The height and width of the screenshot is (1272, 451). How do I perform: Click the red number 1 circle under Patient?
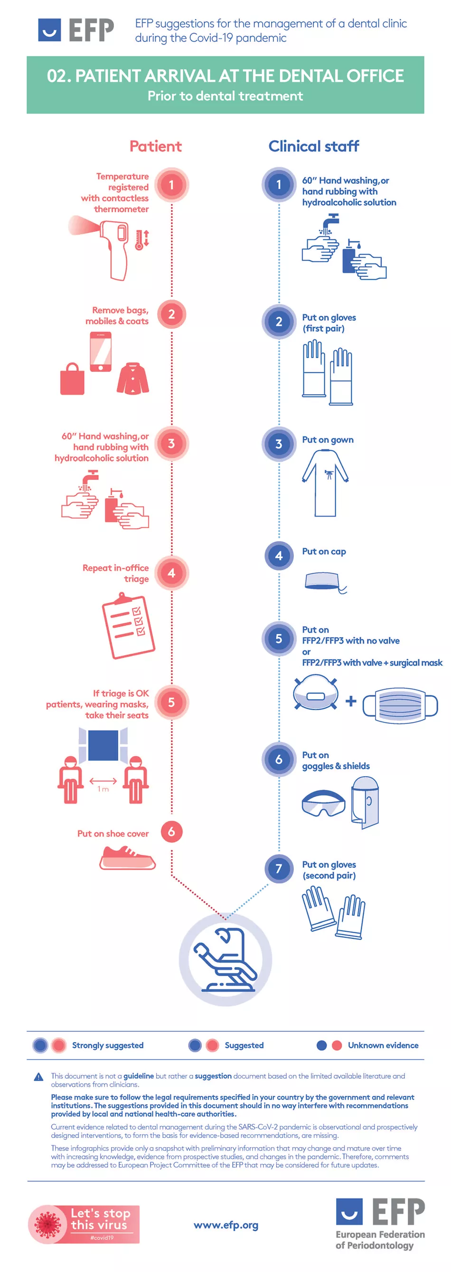click(x=171, y=185)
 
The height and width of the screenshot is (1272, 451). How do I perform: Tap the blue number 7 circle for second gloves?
click(x=279, y=869)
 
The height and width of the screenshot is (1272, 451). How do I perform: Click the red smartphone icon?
click(x=101, y=351)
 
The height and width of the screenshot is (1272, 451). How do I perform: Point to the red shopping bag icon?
click(x=72, y=379)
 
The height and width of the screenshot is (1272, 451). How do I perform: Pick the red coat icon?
click(x=133, y=378)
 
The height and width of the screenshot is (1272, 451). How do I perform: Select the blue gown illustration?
click(x=325, y=483)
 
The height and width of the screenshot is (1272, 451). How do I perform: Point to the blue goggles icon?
click(x=323, y=803)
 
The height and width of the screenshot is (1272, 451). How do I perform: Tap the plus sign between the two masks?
click(x=351, y=701)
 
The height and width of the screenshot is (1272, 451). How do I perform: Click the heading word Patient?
click(x=155, y=146)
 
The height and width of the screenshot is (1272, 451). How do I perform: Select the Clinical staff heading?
click(x=313, y=146)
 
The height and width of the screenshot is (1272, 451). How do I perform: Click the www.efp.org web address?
click(x=226, y=1225)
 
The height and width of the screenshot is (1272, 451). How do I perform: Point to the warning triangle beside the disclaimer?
click(x=38, y=1077)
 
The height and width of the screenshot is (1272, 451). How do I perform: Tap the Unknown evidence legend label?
click(x=383, y=1045)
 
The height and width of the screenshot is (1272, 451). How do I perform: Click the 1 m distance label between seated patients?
click(x=103, y=789)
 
